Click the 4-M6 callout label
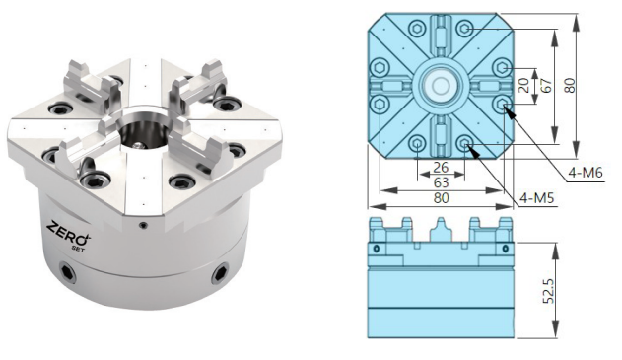click(x=586, y=173)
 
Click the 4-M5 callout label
click(x=536, y=197)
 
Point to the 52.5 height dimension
click(x=548, y=291)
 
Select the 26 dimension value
click(x=441, y=168)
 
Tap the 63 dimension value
click(x=441, y=182)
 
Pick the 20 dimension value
click(x=524, y=86)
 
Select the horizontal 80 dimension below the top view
click(x=441, y=197)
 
